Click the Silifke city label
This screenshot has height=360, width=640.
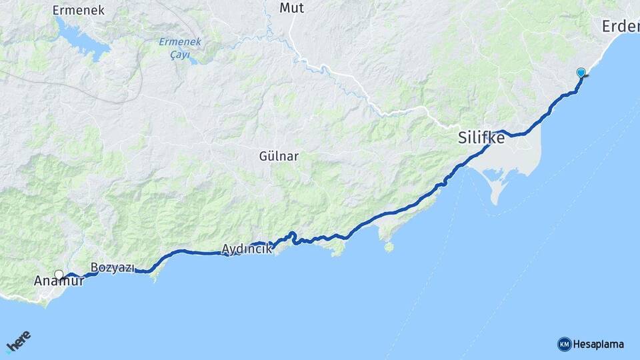(x=481, y=139)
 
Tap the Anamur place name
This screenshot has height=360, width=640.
(x=59, y=281)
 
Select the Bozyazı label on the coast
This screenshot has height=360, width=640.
(x=112, y=267)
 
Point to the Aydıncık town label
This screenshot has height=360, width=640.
(x=246, y=249)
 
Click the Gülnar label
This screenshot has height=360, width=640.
(x=279, y=156)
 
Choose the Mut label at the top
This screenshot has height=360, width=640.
(x=291, y=8)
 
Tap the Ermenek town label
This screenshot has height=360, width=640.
(x=79, y=10)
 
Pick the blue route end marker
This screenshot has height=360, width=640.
(x=581, y=73)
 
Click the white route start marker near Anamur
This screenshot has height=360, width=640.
(x=59, y=274)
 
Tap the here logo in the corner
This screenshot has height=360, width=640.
(x=19, y=341)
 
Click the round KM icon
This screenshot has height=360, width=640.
(x=564, y=344)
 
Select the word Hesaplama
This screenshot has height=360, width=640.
(x=599, y=344)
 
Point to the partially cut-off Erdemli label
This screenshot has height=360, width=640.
(x=620, y=26)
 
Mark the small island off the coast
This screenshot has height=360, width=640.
(x=389, y=247)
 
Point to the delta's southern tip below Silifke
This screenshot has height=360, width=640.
(x=495, y=202)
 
